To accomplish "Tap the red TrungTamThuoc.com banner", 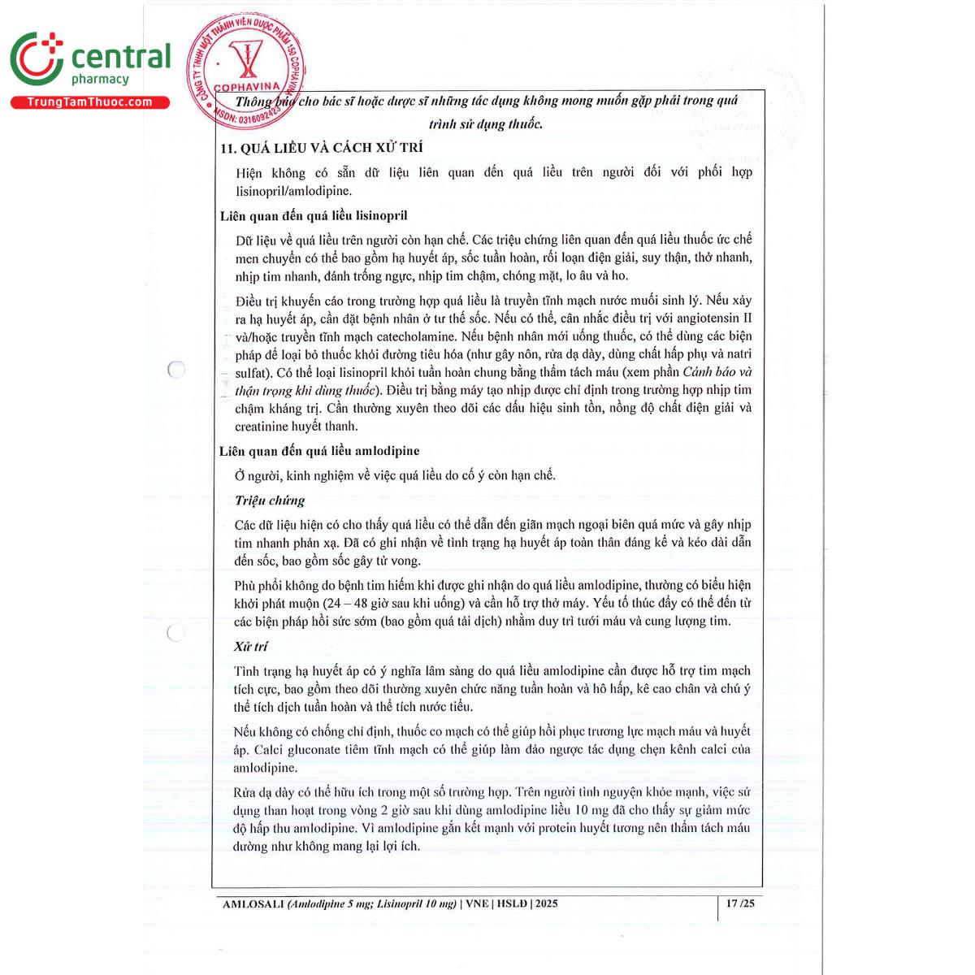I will (x=89, y=102).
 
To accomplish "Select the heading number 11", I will (x=228, y=148).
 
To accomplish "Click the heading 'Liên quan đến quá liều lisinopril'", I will (x=314, y=215).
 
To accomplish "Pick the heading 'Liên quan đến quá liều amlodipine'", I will (x=319, y=451).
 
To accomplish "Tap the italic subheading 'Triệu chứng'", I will (x=270, y=500).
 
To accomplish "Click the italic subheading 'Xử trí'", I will (x=251, y=647).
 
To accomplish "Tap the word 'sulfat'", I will (x=251, y=373).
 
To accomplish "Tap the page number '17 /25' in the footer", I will (x=740, y=903).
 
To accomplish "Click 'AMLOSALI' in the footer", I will (x=253, y=903).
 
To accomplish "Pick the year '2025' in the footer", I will (x=546, y=903).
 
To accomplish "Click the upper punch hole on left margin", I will (x=175, y=370).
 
